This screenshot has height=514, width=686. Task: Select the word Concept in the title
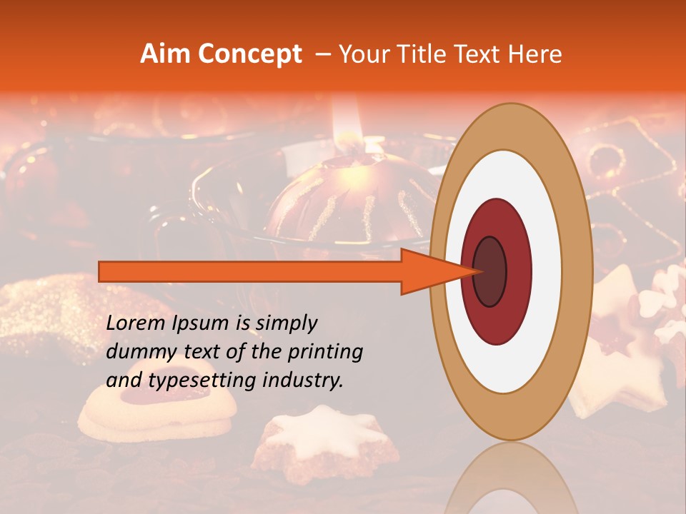tap(249, 55)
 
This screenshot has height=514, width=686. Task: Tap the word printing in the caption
tap(325, 352)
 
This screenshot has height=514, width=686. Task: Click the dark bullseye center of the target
tap(490, 272)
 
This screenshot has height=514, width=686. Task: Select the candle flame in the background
tap(351, 118)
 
